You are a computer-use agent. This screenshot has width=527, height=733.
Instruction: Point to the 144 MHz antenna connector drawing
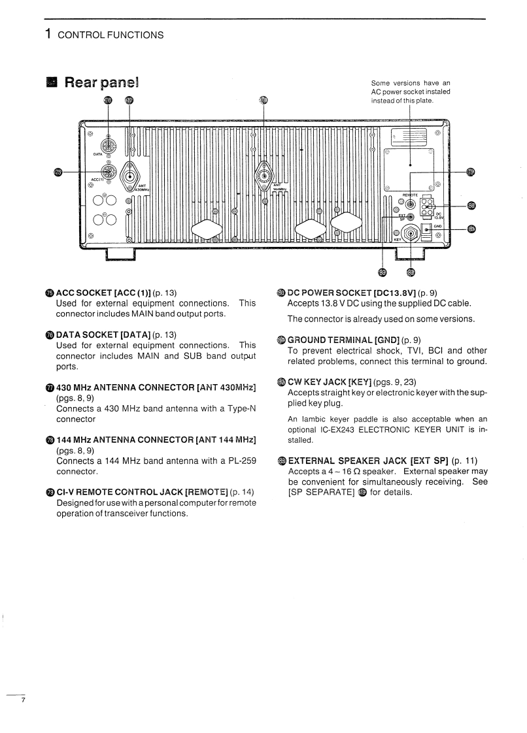coord(263,176)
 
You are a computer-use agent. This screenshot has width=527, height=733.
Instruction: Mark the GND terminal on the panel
coord(427,229)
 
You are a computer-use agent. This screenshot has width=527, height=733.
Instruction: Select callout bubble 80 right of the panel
coord(471,206)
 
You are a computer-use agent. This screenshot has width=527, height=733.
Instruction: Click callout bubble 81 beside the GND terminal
coord(471,229)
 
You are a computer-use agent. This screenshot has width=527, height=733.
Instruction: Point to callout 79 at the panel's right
coord(471,172)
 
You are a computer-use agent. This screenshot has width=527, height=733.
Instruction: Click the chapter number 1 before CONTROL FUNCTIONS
coord(48,34)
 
